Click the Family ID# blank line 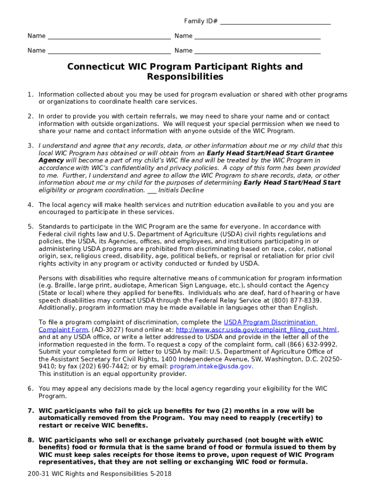[275, 22]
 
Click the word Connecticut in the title [95, 67]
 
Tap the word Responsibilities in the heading [185, 77]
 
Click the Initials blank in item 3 [151, 190]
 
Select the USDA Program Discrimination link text [270, 322]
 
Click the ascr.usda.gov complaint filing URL [256, 330]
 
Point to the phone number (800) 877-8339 [298, 300]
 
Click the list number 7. [30, 411]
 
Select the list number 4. [30, 205]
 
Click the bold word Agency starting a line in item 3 [51, 161]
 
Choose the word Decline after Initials [192, 190]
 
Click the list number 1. [30, 95]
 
